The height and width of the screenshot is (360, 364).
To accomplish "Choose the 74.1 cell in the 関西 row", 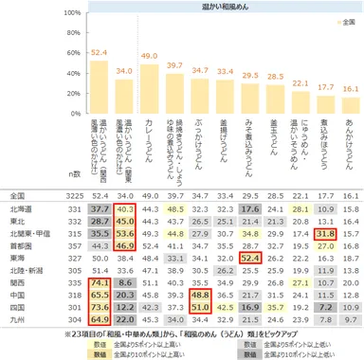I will pos(99,281).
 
